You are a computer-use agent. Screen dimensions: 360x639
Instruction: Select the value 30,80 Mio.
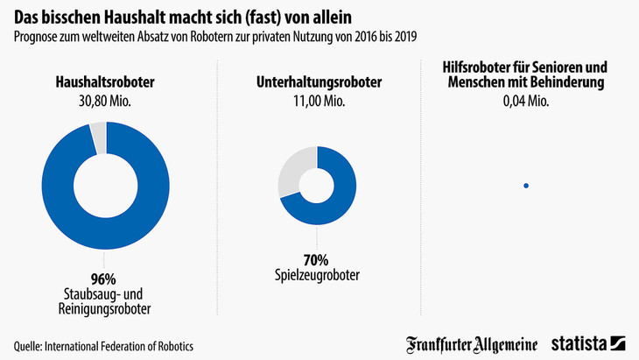[105, 101]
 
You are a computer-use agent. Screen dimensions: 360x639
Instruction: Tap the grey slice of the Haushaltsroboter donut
[99, 137]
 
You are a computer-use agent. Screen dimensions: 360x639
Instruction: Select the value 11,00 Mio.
[316, 101]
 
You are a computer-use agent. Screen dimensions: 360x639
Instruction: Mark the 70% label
[316, 259]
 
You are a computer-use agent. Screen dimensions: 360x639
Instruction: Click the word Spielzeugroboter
[316, 275]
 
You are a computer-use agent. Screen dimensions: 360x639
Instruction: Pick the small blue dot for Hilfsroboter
[525, 185]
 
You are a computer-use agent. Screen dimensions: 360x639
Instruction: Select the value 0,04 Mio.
[525, 101]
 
